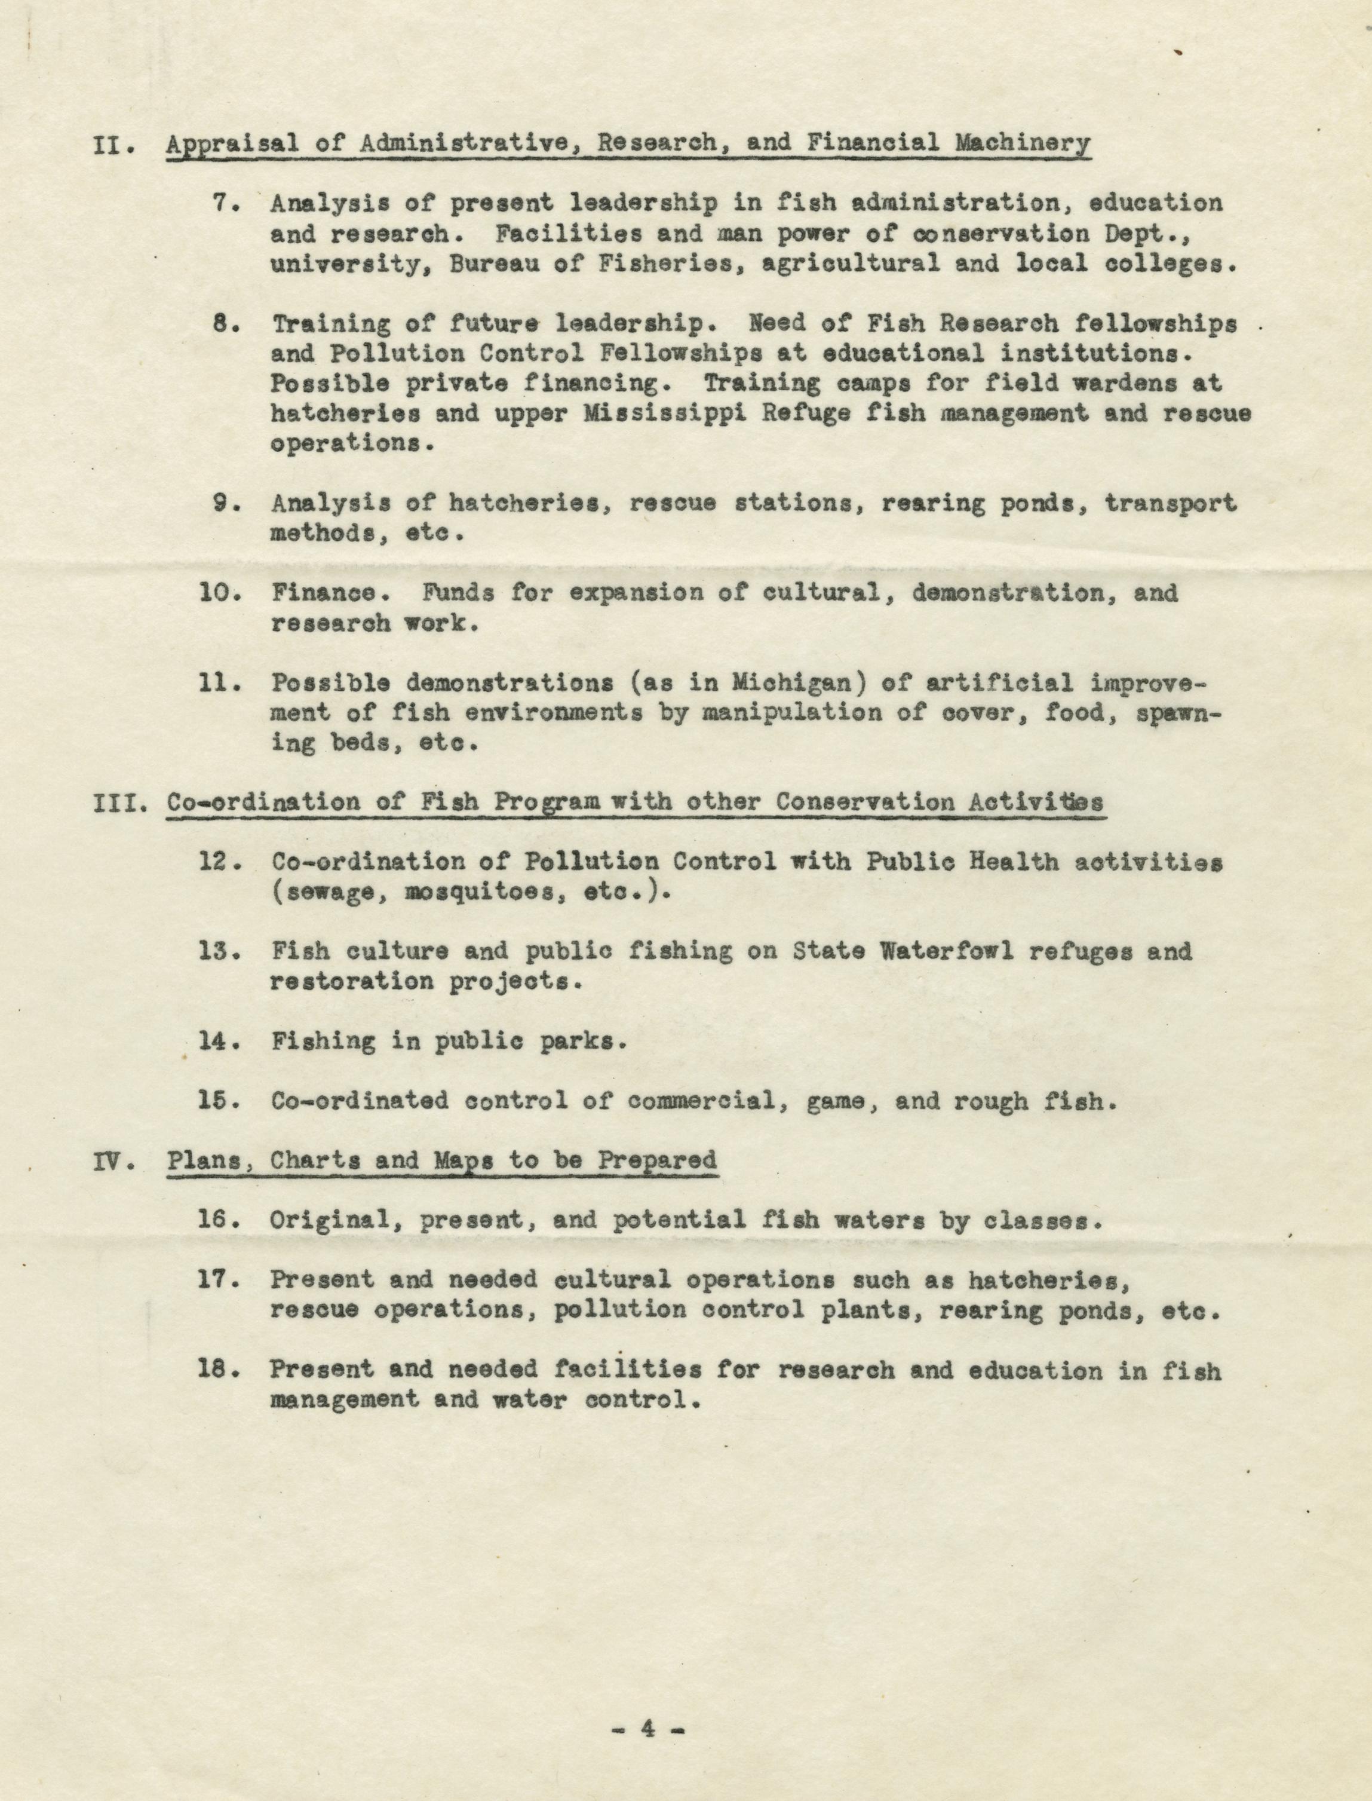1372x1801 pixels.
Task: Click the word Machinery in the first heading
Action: [x=1023, y=143]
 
